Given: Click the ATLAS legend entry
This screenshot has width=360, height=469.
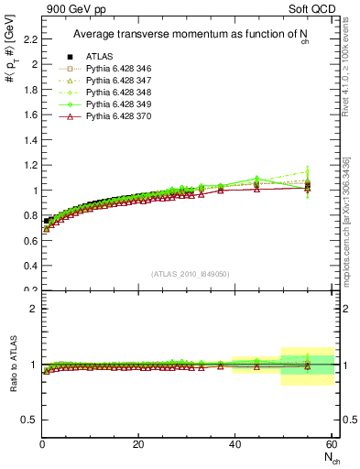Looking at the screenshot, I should (x=98, y=57).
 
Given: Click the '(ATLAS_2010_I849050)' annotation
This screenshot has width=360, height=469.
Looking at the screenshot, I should (x=191, y=272).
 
